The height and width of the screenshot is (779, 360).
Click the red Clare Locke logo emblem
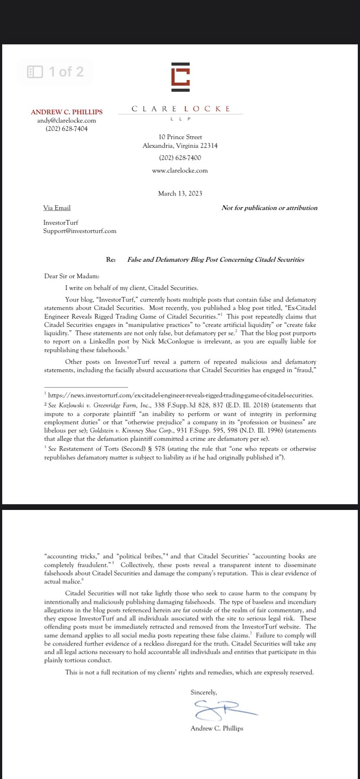click(x=180, y=77)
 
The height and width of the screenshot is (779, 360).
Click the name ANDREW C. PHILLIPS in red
click(x=67, y=112)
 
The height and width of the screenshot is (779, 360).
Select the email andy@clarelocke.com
click(x=67, y=120)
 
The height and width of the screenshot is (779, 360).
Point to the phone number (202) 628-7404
click(x=67, y=129)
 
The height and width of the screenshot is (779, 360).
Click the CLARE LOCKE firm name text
click(x=180, y=109)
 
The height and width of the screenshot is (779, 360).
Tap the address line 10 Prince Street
click(x=180, y=137)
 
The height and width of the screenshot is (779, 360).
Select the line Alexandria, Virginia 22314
click(x=180, y=146)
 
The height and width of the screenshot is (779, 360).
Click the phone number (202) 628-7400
click(x=180, y=158)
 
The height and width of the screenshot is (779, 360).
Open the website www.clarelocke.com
click(x=180, y=170)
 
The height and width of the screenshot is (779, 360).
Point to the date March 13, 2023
click(x=180, y=193)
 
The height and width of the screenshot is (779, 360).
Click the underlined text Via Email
click(x=57, y=208)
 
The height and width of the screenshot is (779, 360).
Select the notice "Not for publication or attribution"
click(x=269, y=208)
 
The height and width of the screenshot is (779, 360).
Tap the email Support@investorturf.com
click(x=80, y=231)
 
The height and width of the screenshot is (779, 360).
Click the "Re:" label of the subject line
click(x=111, y=260)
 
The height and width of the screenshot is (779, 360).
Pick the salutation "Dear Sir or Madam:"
click(x=72, y=276)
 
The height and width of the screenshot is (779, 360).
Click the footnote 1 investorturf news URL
click(x=180, y=395)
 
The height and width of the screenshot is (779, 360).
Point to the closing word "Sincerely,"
click(x=203, y=692)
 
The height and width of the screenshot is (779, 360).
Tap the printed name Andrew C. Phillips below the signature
click(x=217, y=728)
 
